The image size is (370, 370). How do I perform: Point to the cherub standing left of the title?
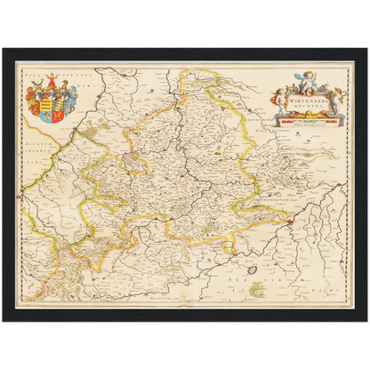point(284,101)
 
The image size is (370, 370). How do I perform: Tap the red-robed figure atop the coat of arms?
point(50,81)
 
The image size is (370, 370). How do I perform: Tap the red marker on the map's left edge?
point(19,193)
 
